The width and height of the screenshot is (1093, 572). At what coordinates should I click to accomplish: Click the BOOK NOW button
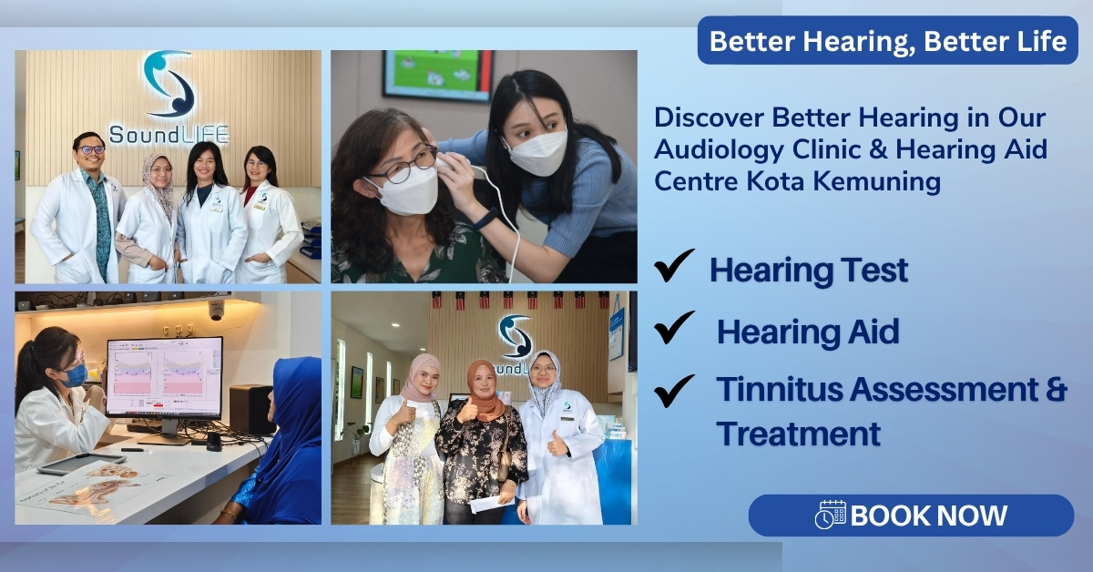coord(911,516)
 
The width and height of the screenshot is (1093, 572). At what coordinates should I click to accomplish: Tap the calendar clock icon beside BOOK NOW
coord(830,516)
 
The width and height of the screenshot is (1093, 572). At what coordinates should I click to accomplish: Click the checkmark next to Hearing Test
coord(674,268)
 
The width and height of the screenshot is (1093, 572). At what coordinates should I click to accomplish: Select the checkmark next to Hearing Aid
coord(674,329)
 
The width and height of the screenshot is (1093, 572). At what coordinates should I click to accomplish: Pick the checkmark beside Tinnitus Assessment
coord(674,389)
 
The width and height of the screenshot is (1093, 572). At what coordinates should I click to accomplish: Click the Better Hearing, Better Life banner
coord(888,42)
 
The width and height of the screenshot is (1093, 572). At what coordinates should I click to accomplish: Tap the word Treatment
coord(798,434)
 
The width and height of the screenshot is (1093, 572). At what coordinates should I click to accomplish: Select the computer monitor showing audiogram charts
coord(164,377)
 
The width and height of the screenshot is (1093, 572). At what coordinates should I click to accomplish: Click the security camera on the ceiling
coord(216,310)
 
